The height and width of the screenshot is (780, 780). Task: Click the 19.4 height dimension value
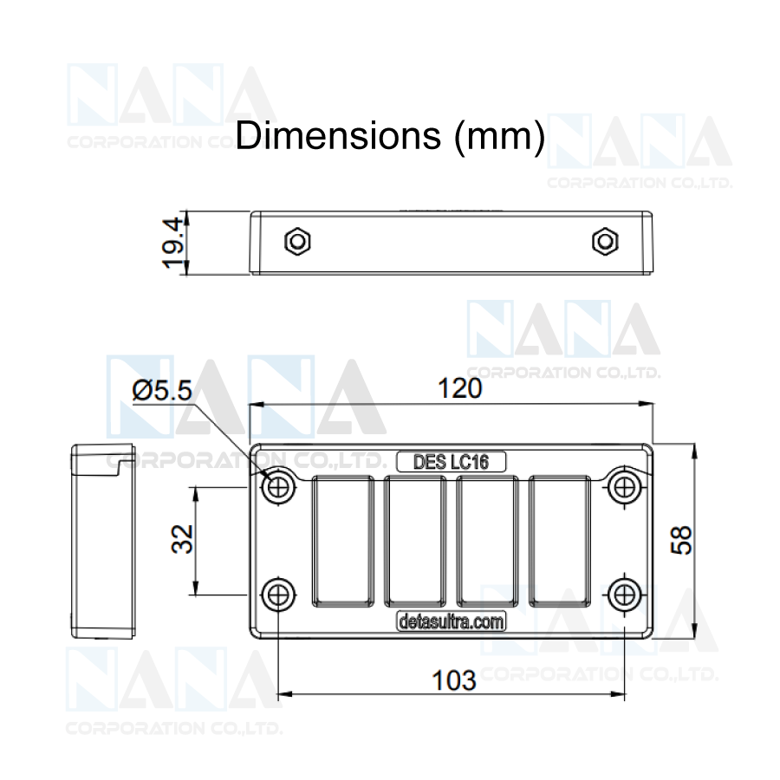pyautogui.click(x=173, y=243)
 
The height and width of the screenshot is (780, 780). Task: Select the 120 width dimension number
pyautogui.click(x=459, y=388)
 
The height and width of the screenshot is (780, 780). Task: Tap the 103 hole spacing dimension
pyautogui.click(x=453, y=680)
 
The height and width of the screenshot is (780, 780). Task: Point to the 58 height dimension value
pyautogui.click(x=681, y=540)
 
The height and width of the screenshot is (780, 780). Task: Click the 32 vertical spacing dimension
pyautogui.click(x=182, y=539)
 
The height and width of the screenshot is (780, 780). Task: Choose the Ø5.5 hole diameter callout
pyautogui.click(x=162, y=390)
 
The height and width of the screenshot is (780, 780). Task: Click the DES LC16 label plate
pyautogui.click(x=452, y=462)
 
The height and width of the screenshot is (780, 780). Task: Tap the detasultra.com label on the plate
pyautogui.click(x=452, y=621)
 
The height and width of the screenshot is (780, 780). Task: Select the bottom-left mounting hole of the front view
pyautogui.click(x=278, y=594)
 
